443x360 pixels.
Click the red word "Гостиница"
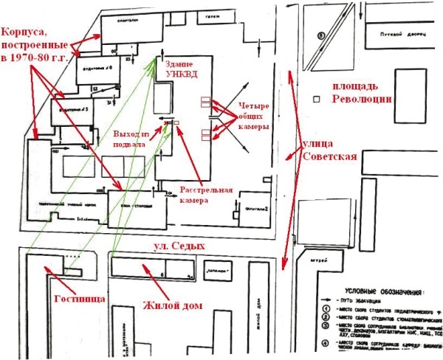point(73,299)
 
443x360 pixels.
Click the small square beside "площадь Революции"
point(316,98)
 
